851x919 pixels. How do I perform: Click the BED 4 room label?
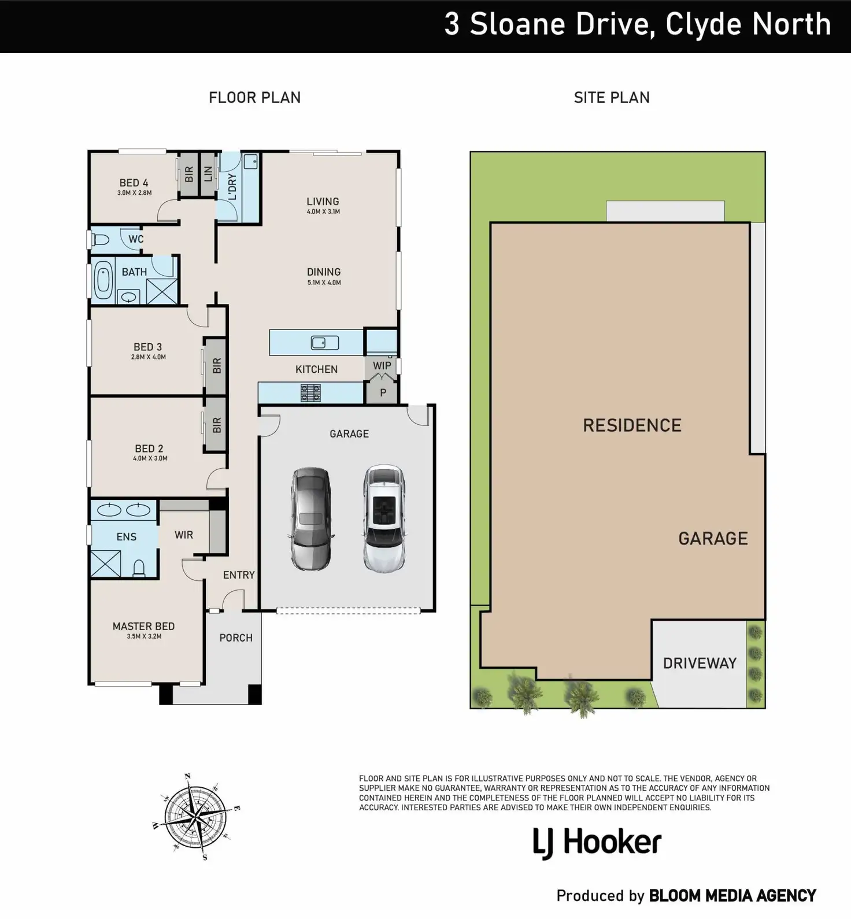coord(134,183)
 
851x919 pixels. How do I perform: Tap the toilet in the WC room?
coord(101,239)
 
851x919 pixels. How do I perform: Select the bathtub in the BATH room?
coord(103,280)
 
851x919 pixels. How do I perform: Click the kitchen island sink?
coord(325,343)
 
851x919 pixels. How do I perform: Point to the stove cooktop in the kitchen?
coord(310,393)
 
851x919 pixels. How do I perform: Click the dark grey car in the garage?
coord(311,518)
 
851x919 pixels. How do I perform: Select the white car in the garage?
coord(384,518)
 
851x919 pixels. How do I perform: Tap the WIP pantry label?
coord(382,366)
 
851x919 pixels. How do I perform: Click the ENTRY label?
coord(239,575)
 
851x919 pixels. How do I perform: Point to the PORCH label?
coord(236,638)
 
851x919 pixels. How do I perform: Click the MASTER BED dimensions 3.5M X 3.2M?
coord(144,636)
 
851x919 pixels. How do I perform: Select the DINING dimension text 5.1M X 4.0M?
coord(324,283)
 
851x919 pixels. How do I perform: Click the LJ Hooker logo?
coord(597,843)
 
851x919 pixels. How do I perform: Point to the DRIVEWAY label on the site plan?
coord(700,663)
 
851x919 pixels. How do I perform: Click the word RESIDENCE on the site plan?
coord(632,425)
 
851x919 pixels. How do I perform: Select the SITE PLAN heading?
coord(612,98)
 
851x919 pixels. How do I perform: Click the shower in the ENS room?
coord(106,564)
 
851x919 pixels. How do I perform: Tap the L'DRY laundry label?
coord(232,187)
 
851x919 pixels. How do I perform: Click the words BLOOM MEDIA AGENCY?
coord(732,896)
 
